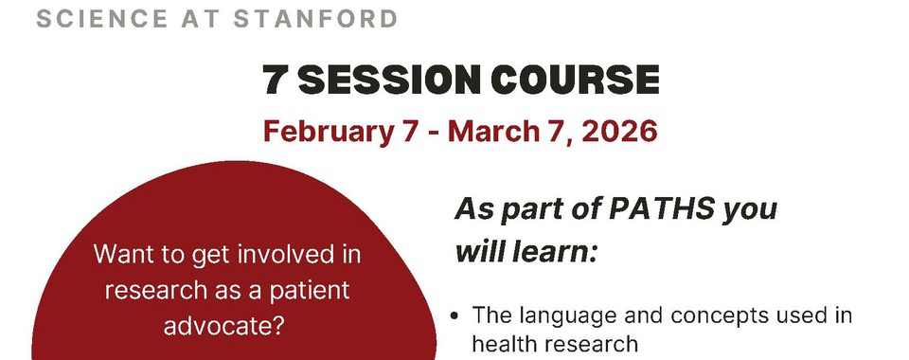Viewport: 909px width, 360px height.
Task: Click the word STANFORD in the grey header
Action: (315, 19)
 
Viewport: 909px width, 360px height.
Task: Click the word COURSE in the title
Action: (577, 80)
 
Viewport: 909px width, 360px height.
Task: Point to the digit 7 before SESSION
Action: (275, 80)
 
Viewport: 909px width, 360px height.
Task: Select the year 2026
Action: (618, 131)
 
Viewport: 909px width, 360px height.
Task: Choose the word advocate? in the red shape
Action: (223, 326)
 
